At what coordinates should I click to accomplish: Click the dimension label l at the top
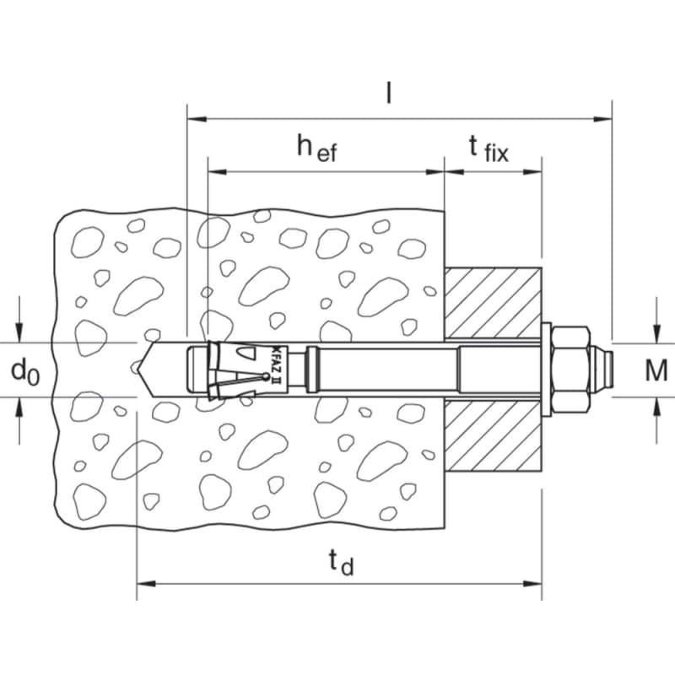pos(389,94)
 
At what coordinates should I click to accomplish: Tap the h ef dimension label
pos(317,148)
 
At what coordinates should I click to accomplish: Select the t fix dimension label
pos(489,149)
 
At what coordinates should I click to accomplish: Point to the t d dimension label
pos(341,563)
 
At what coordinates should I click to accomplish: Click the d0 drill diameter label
pos(25,371)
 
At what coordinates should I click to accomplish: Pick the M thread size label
pos(656,370)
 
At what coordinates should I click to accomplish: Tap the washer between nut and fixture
pos(546,370)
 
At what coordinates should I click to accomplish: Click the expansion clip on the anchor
pos(233,370)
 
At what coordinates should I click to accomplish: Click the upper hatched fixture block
pos(493,303)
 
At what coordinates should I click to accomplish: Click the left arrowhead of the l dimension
pos(197,119)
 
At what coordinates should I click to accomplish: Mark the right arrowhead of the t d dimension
pos(532,584)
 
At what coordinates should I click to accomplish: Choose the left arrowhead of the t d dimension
pos(146,584)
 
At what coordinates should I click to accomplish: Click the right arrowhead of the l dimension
pos(602,119)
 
